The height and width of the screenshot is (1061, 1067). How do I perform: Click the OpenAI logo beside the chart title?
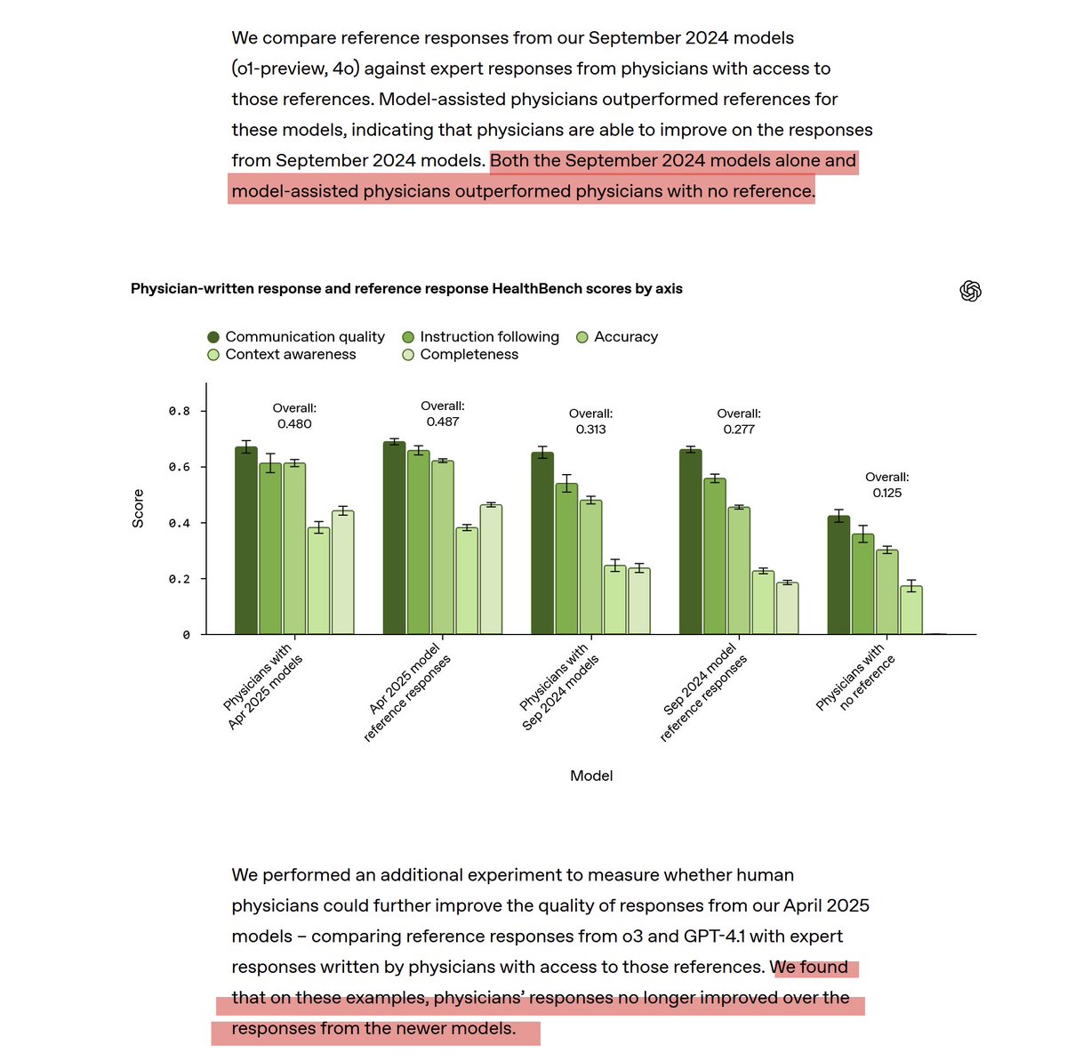tap(970, 291)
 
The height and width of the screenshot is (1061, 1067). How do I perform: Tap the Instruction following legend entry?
tap(481, 337)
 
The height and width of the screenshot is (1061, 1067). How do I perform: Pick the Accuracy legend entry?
tap(618, 337)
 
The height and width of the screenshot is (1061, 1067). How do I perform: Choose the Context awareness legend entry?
tap(282, 355)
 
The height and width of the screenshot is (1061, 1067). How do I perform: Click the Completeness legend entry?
tap(461, 355)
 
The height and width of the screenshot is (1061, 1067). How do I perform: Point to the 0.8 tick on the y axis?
tap(180, 412)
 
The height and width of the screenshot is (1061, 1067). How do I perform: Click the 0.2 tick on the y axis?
tap(180, 579)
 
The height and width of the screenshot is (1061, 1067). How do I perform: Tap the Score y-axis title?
tap(138, 509)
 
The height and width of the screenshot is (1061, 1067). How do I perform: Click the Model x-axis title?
tap(591, 776)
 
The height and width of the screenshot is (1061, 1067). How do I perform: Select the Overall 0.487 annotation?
tap(442, 414)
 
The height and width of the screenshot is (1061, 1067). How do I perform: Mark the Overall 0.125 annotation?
tap(886, 485)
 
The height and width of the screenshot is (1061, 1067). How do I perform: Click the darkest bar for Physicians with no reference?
tap(838, 575)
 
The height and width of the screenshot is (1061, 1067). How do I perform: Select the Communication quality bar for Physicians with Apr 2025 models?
tap(246, 541)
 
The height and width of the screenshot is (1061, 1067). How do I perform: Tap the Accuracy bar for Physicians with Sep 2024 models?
tap(591, 567)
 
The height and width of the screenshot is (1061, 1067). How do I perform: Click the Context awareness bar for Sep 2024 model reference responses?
tap(763, 602)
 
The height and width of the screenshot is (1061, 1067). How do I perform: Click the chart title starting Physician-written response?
tap(406, 289)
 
